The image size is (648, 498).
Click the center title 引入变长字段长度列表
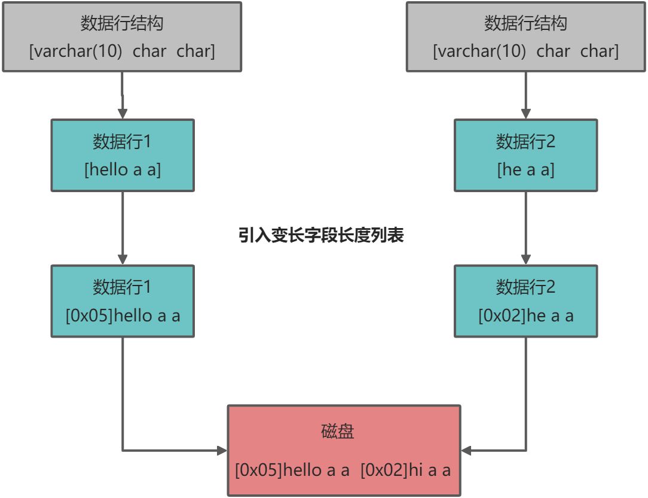pos(321,235)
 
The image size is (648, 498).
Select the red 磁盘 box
pos(344,450)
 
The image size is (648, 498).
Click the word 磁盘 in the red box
pos(337,431)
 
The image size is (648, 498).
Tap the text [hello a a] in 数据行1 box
pos(123,169)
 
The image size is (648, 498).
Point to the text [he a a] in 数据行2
pos(525,169)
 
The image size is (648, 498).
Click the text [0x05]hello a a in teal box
pos(123,315)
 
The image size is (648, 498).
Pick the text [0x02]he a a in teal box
pos(525,315)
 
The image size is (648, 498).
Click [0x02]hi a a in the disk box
pos(405,470)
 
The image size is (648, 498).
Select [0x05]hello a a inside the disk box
pos(292,470)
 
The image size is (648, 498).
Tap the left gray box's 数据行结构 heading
pos(122,24)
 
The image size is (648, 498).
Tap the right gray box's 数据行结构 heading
pos(525,24)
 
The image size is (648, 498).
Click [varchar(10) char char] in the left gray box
pos(122,51)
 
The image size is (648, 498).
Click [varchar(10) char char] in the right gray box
pos(525,51)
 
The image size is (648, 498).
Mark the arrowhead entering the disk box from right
pos(466,450)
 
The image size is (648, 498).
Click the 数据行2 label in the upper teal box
pos(525,142)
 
